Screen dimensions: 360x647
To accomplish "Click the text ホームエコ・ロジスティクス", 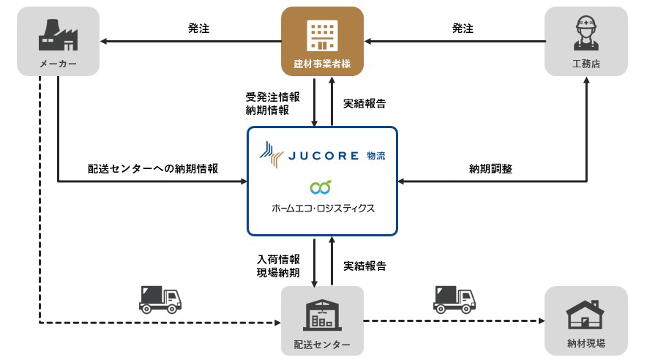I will (x=322, y=209).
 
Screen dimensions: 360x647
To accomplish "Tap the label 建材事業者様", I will (x=323, y=64).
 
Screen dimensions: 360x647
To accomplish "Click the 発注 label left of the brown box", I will (x=198, y=29).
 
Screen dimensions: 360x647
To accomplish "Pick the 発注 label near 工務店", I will (x=463, y=29).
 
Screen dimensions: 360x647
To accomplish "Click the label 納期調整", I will (x=490, y=168).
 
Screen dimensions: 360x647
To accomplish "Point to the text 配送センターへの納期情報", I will (x=153, y=168).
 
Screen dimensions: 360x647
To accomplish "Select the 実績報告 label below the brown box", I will (x=364, y=103).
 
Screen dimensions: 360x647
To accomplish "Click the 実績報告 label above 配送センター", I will (x=364, y=266).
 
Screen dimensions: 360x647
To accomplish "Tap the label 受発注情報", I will (x=272, y=97).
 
